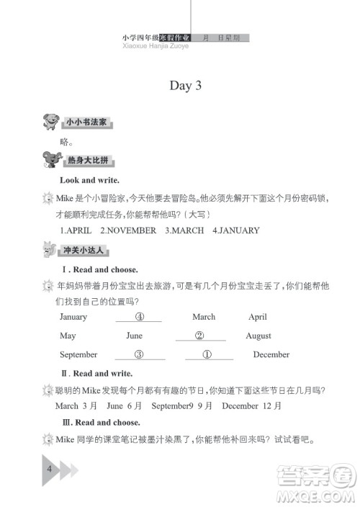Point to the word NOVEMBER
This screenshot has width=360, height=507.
[128, 230]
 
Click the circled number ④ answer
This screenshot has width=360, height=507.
[140, 316]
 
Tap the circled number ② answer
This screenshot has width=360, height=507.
[200, 335]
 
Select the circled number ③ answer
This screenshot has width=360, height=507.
[140, 354]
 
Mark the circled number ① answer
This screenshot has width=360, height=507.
[207, 354]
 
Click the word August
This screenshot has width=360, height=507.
[258, 336]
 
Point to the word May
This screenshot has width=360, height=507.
[68, 336]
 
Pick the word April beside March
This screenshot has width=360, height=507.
[258, 317]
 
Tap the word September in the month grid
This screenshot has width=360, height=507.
[78, 354]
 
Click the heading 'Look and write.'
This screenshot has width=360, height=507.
[90, 180]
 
